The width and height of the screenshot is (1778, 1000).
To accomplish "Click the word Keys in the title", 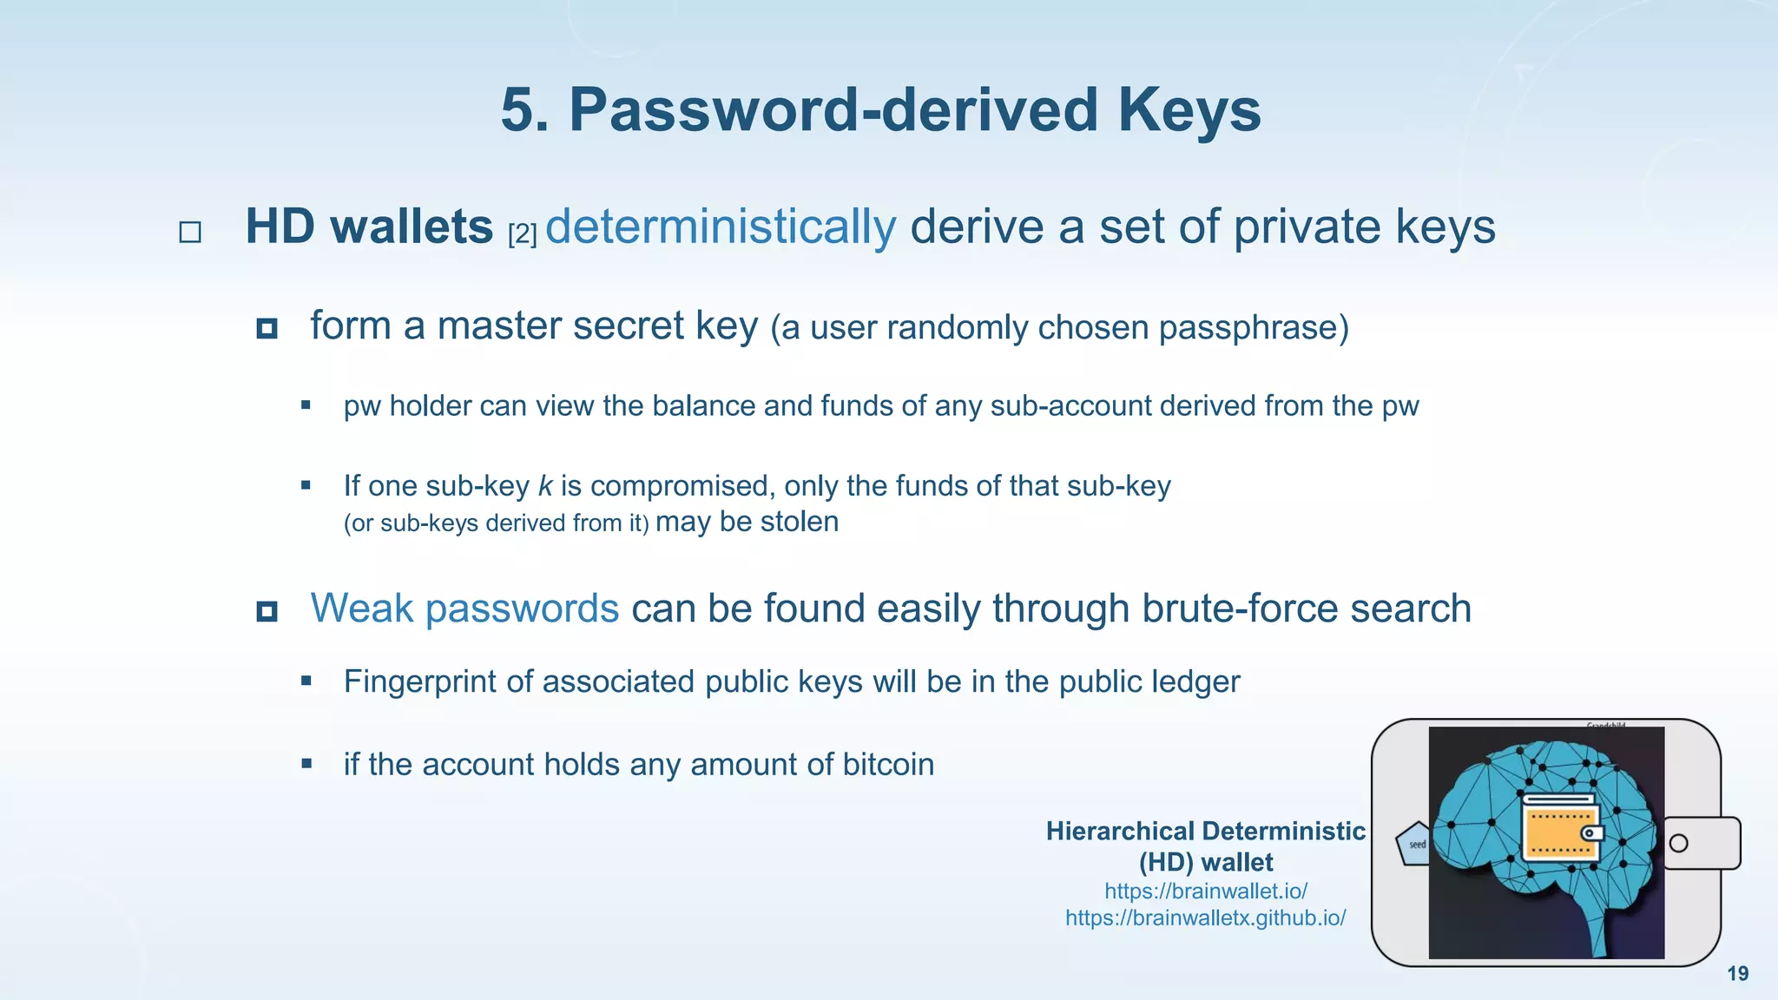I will point(1189,110).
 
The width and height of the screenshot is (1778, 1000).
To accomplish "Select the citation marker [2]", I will point(523,234).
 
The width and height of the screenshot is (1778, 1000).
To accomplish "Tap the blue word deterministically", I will point(721,227).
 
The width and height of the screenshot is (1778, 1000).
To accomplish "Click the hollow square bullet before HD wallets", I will point(190,232).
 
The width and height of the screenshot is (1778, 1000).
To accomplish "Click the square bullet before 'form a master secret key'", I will point(267,328).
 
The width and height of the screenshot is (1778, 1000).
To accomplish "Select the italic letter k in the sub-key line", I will point(545,486).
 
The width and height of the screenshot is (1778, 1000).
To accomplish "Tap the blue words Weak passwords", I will point(464,608).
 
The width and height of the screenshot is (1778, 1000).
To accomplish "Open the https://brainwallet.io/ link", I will point(1205,891).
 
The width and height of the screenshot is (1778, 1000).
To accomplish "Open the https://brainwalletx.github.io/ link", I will point(1205,918).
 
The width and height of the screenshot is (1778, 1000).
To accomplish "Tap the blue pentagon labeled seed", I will point(1415,844).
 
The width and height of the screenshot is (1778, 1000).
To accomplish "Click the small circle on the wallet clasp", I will point(1679,843).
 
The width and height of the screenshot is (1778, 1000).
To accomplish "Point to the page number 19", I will point(1737,974).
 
